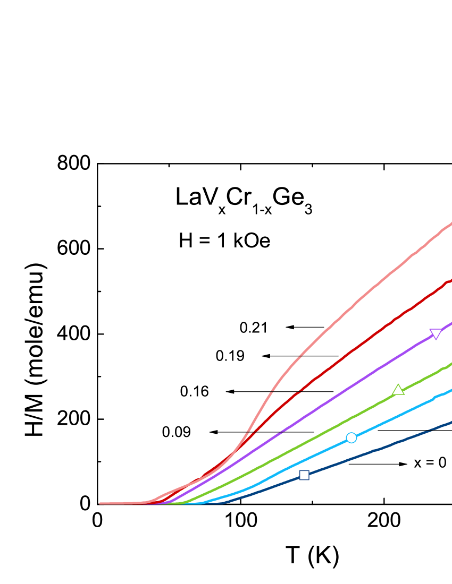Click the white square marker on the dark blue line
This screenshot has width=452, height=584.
304,475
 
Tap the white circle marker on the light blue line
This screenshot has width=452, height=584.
351,438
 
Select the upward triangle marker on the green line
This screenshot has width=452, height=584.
398,390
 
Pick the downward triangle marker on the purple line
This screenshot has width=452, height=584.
436,333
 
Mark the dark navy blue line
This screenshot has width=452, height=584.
372,451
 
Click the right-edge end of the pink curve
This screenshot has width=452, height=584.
450,224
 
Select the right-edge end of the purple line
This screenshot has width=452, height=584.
450,323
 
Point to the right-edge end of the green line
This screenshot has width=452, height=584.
450,364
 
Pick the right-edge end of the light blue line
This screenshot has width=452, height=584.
450,390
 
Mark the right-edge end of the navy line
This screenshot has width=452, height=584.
450,423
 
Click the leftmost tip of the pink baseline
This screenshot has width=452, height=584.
101,503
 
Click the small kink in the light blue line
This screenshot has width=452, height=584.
435,397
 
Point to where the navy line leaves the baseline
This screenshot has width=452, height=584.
223,502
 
